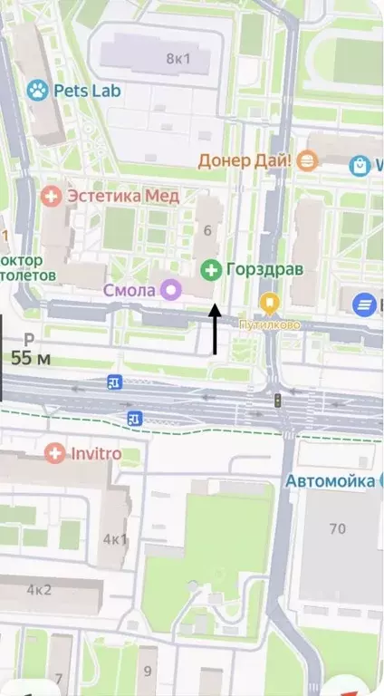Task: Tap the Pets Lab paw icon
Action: click(37, 90)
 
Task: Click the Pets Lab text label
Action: click(87, 90)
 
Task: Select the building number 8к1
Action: click(178, 59)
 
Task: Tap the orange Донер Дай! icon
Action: click(308, 160)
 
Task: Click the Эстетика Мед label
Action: click(124, 195)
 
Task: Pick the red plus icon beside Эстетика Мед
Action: click(53, 195)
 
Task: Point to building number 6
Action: click(207, 230)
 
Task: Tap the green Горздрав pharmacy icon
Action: click(211, 269)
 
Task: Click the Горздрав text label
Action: click(264, 269)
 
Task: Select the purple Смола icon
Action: click(170, 290)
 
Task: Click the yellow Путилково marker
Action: click(269, 302)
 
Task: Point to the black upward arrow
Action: click(215, 329)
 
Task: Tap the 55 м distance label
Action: click(31, 358)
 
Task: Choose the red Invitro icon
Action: click(56, 452)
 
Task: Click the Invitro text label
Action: click(96, 452)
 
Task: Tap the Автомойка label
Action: click(331, 481)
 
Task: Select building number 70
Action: click(338, 527)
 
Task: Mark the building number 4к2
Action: click(39, 589)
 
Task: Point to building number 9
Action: click(148, 672)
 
